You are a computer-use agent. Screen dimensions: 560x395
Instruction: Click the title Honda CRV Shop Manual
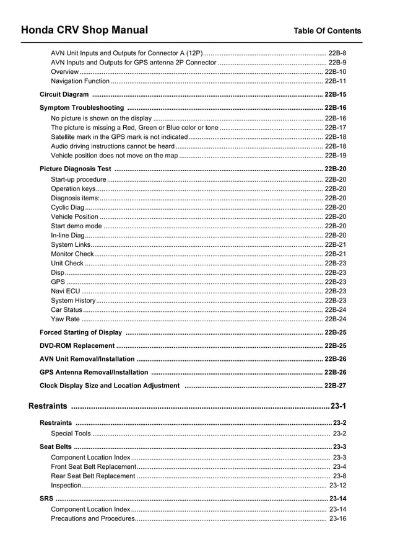click(x=84, y=30)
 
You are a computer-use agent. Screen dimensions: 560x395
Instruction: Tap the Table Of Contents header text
click(x=327, y=31)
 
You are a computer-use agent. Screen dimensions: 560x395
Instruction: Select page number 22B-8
click(x=337, y=53)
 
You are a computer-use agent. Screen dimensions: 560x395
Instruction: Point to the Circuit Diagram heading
click(x=64, y=95)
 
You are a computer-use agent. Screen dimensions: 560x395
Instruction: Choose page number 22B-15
click(x=335, y=95)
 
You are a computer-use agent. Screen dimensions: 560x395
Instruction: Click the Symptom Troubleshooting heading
click(x=82, y=108)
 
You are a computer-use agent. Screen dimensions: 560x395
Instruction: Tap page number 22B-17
click(x=335, y=128)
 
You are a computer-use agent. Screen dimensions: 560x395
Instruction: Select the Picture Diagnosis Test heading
click(x=76, y=169)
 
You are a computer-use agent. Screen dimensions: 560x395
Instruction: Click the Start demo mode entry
click(x=76, y=226)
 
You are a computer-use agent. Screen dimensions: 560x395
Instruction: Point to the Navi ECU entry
click(x=66, y=291)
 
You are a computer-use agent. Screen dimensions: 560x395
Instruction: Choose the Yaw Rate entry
click(x=65, y=319)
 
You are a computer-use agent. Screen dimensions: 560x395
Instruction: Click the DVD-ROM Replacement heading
click(x=77, y=345)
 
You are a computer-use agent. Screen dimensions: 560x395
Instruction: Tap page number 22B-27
click(x=335, y=385)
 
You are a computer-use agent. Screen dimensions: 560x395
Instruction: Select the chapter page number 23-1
click(x=338, y=406)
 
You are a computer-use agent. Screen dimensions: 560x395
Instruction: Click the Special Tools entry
click(x=71, y=433)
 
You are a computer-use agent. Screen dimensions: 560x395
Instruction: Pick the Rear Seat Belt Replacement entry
click(x=93, y=476)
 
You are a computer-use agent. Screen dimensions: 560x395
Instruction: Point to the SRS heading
click(x=46, y=499)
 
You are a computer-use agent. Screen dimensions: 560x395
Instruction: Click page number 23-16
click(x=337, y=518)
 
